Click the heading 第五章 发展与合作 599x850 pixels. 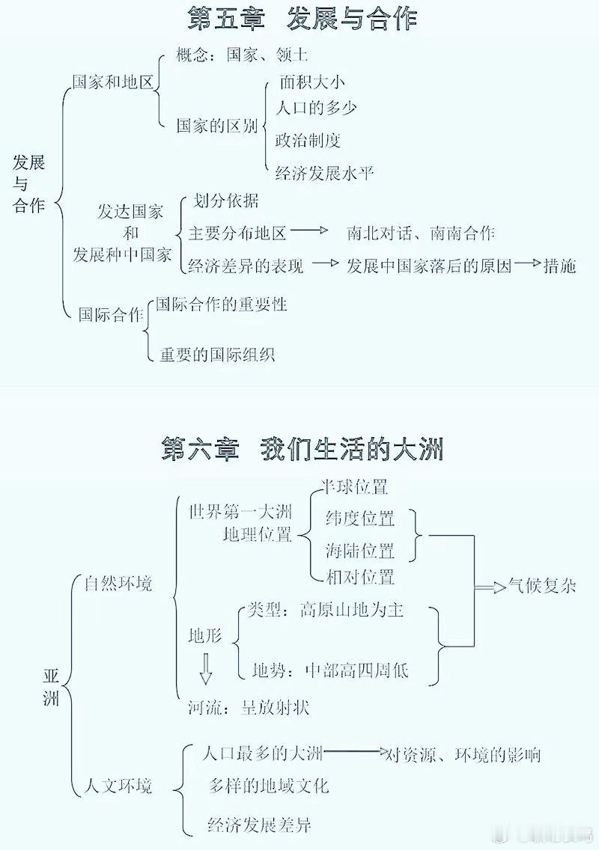pyautogui.click(x=302, y=17)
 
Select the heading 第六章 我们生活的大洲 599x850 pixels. pyautogui.click(x=302, y=450)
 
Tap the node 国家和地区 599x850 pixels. pyautogui.click(x=113, y=82)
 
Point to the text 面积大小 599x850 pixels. pyautogui.click(x=312, y=82)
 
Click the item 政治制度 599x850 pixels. pyautogui.click(x=308, y=141)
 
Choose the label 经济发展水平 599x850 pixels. pyautogui.click(x=324, y=173)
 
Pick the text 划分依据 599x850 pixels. pyautogui.click(x=225, y=201)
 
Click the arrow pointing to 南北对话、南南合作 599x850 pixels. pyautogui.click(x=310, y=230)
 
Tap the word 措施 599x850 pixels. pyautogui.click(x=560, y=265)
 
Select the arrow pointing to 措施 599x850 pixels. pyautogui.click(x=529, y=263)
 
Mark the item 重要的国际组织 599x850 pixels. pyautogui.click(x=217, y=354)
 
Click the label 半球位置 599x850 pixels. pyautogui.click(x=355, y=486)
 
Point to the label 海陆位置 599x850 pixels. pyautogui.click(x=359, y=550)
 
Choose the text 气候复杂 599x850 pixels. pyautogui.click(x=542, y=585)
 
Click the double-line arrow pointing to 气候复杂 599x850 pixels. pyautogui.click(x=490, y=587)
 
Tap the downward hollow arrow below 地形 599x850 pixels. pyautogui.click(x=205, y=669)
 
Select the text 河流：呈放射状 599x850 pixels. pyautogui.click(x=249, y=707)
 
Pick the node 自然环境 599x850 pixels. pyautogui.click(x=118, y=584)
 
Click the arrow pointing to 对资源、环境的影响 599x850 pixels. pyautogui.click(x=355, y=751)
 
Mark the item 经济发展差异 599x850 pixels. pyautogui.click(x=259, y=825)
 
